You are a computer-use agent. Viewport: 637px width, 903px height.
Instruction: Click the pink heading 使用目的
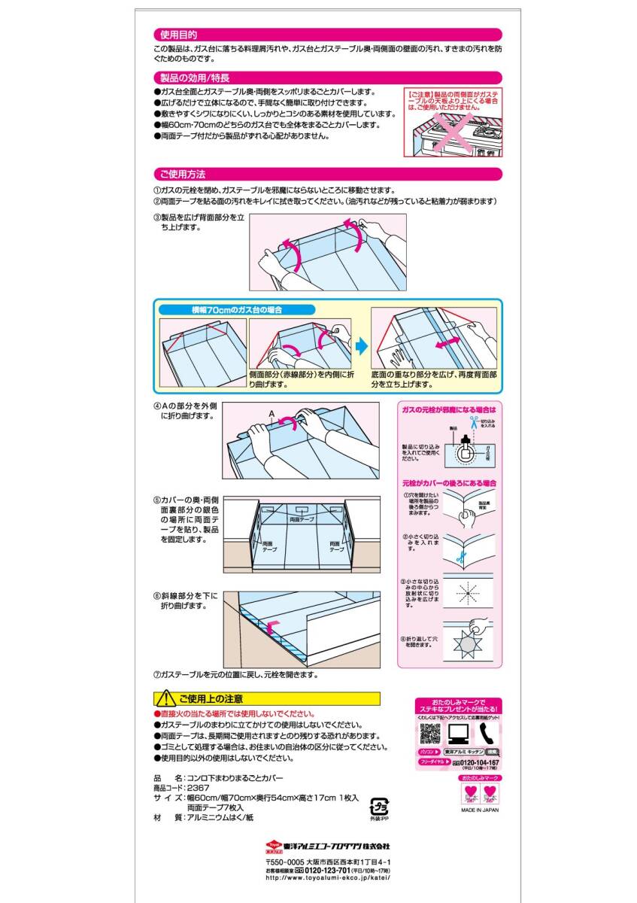click(x=177, y=35)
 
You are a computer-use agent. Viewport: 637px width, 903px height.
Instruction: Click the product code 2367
click(x=199, y=787)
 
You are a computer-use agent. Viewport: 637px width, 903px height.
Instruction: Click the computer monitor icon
click(x=457, y=733)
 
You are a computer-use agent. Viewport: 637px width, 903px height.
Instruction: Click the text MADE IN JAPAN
click(x=480, y=810)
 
